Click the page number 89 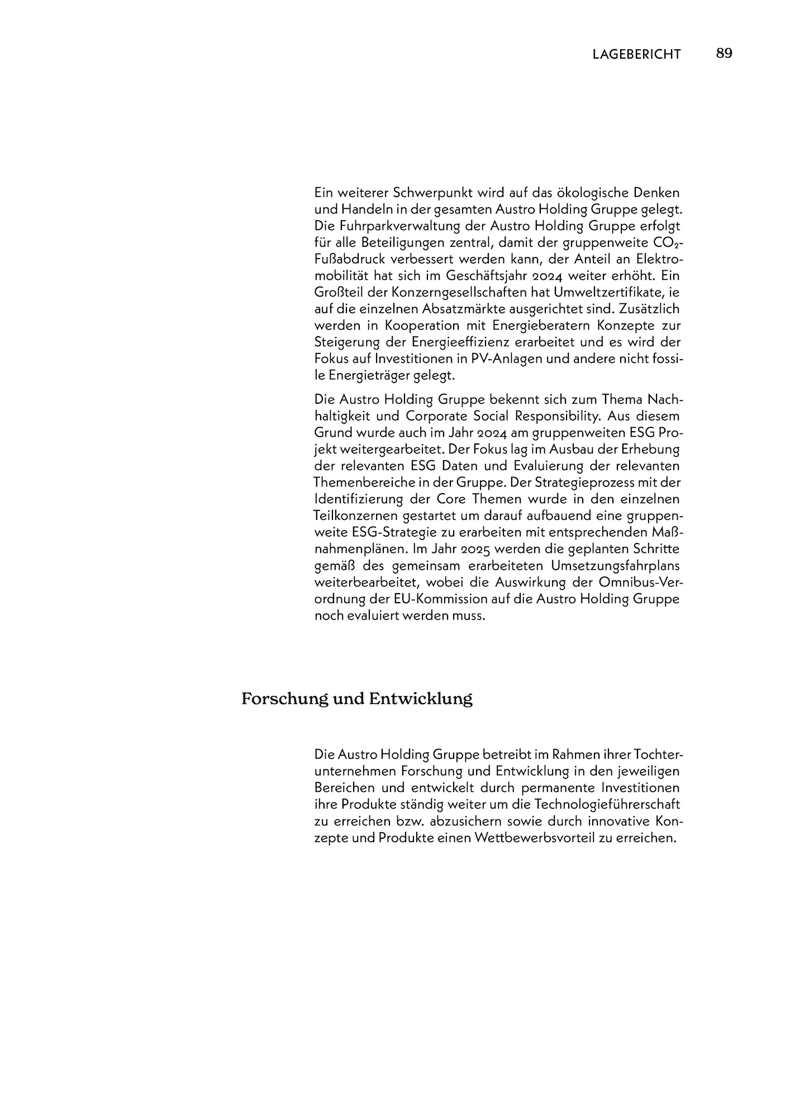click(724, 54)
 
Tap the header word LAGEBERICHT click(637, 54)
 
